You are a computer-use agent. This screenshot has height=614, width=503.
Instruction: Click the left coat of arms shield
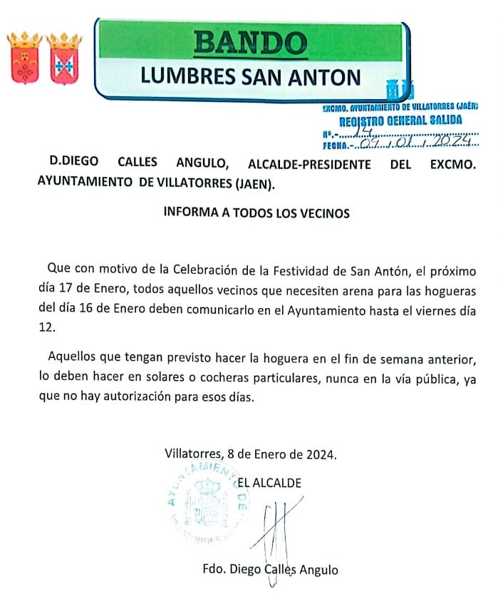tap(24, 58)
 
